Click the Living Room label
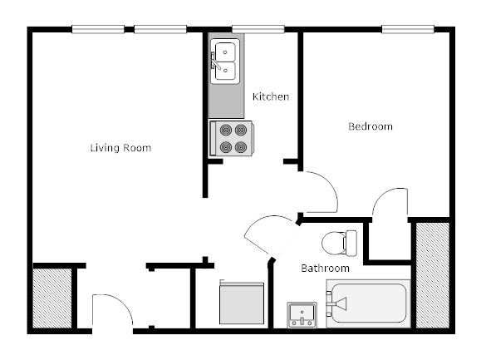coord(120,148)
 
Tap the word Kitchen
coord(271,96)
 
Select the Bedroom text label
coord(370,126)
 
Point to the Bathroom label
coord(324,269)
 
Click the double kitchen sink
coord(224,61)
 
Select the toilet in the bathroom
coord(339,243)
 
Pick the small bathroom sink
coord(302,315)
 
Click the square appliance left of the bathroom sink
coord(242,304)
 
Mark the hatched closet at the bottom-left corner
coord(52,298)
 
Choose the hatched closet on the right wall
coord(431,274)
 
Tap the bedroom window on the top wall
coord(409,31)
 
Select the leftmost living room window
coord(98,31)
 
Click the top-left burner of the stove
coord(223,130)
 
